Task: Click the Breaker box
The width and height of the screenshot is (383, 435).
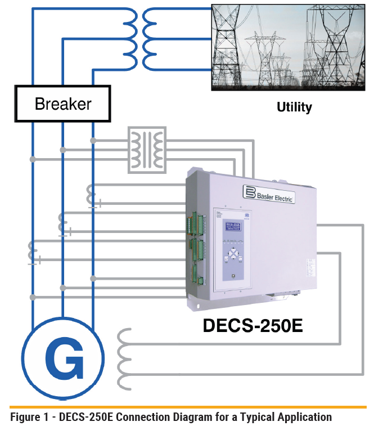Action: click(x=62, y=104)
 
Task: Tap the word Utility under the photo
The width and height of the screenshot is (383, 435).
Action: click(x=294, y=107)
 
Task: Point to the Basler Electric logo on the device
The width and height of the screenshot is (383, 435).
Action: click(x=269, y=194)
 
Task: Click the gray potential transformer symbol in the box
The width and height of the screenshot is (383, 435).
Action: click(x=147, y=149)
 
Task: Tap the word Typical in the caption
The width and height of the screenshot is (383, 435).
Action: click(x=253, y=418)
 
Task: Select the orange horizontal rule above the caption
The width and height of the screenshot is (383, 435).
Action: click(x=188, y=406)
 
